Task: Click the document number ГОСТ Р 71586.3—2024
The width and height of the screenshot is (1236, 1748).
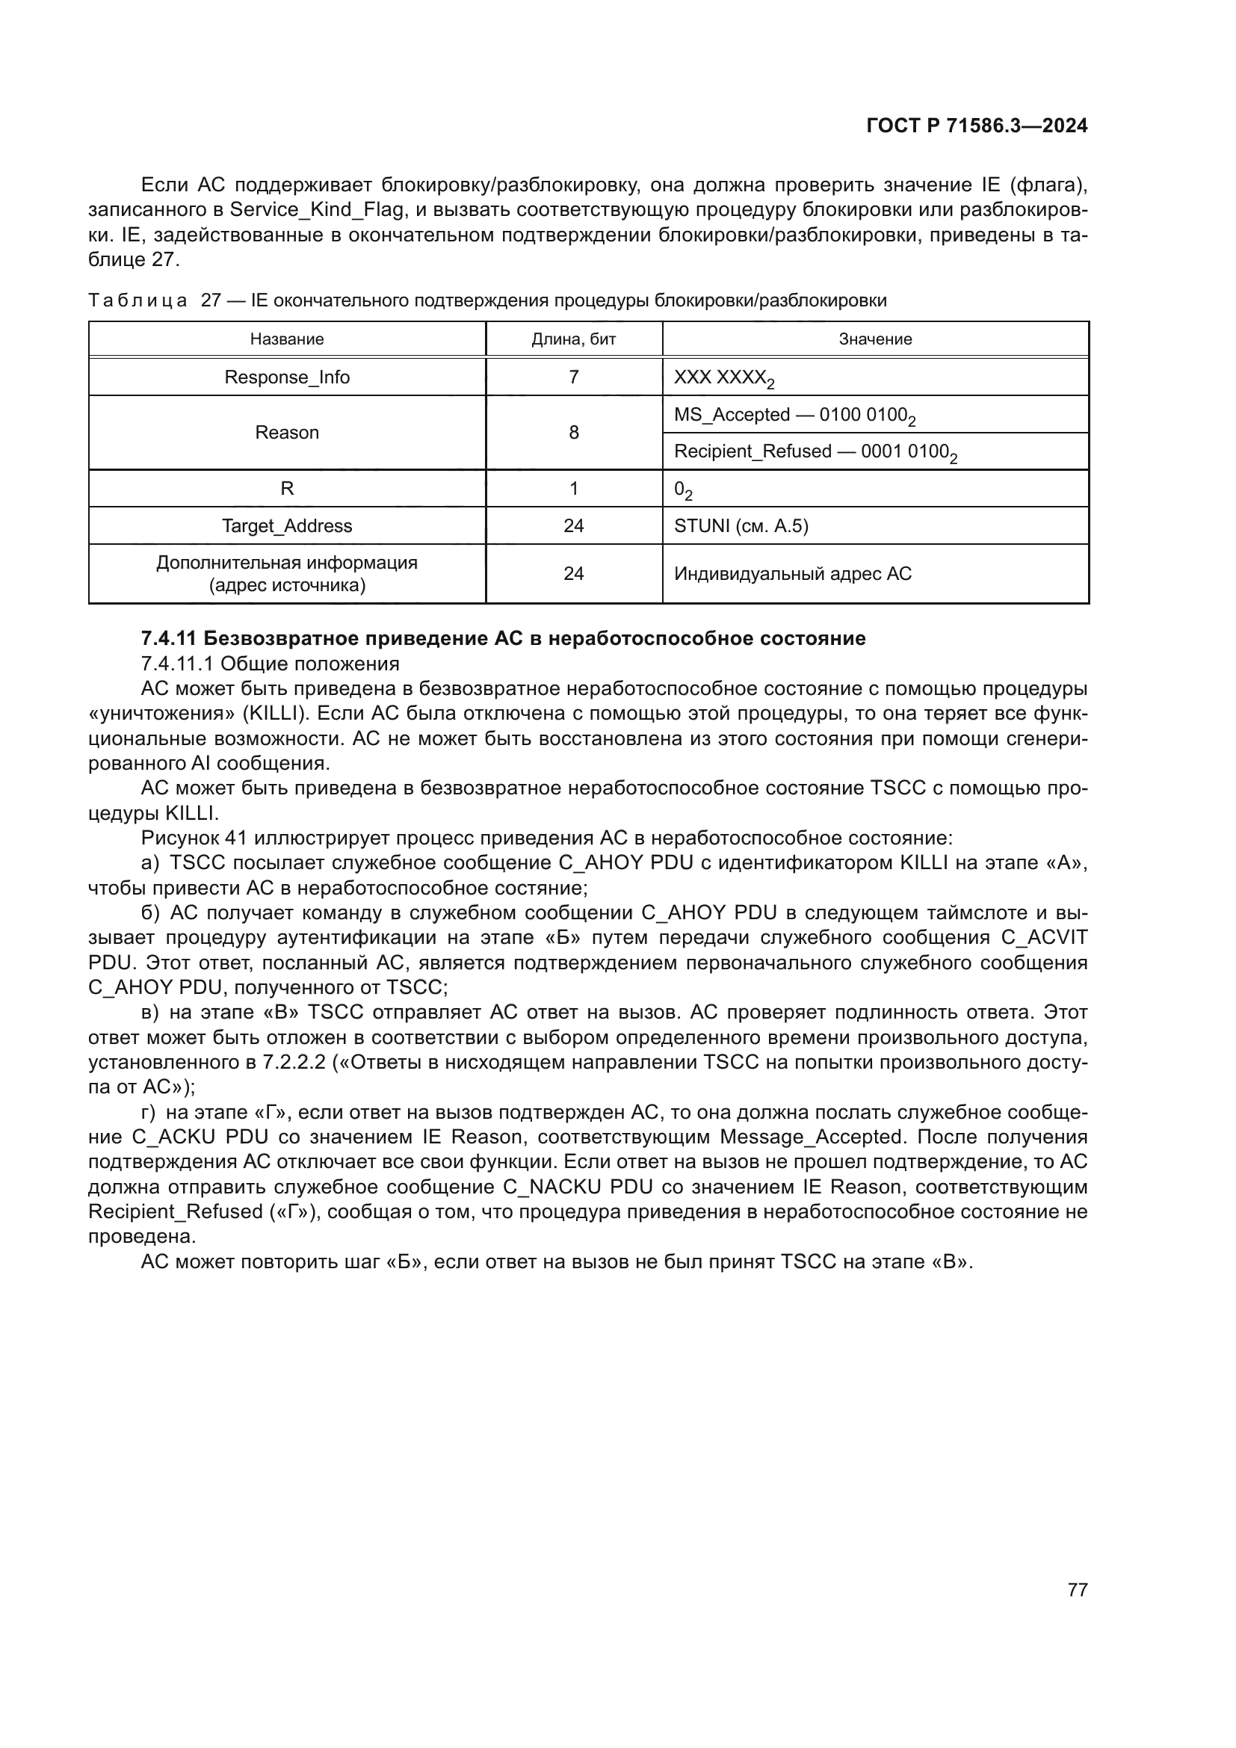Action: (x=977, y=126)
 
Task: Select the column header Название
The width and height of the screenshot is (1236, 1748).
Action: (x=287, y=339)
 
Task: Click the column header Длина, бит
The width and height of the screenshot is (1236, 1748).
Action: (x=573, y=339)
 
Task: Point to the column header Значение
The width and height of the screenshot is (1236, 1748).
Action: (x=875, y=339)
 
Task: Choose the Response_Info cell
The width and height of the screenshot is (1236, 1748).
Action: (x=287, y=377)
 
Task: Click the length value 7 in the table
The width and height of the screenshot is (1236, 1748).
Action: (x=573, y=377)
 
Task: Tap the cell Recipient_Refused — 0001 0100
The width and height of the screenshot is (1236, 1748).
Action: (x=815, y=452)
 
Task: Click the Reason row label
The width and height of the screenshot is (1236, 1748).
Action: (x=287, y=433)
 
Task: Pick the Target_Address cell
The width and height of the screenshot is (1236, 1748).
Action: (x=287, y=526)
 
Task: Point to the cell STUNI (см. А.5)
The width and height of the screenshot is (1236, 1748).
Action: (x=741, y=526)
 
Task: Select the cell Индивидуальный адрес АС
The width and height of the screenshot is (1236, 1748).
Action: (x=792, y=574)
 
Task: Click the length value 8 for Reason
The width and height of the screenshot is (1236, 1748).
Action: (x=573, y=433)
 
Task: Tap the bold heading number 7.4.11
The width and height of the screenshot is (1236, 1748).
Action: (x=169, y=638)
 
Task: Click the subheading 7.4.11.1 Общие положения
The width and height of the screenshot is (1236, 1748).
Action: (x=271, y=664)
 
